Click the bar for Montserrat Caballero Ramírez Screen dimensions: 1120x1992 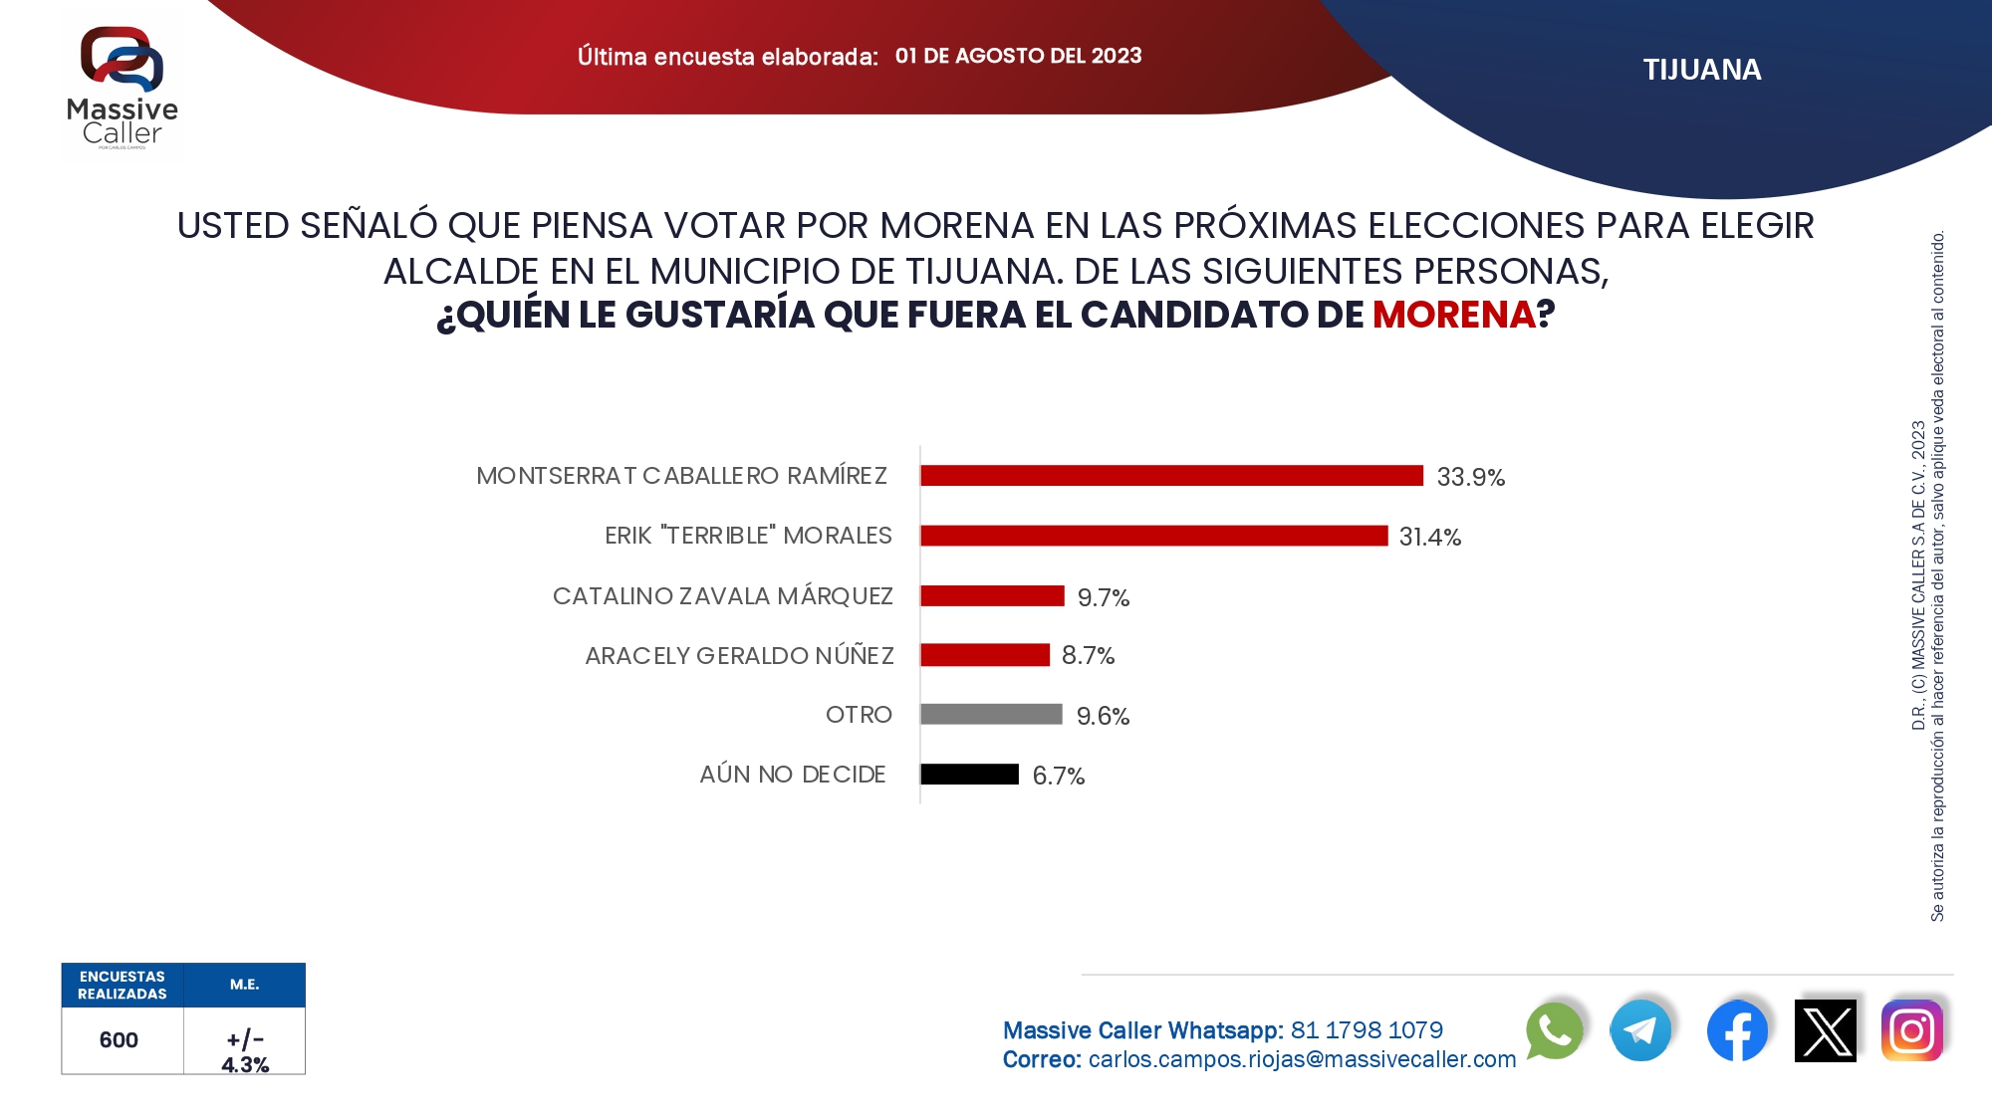click(x=1171, y=476)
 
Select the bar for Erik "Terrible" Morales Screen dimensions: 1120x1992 click(x=1153, y=536)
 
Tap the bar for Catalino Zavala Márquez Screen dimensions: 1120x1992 click(x=992, y=595)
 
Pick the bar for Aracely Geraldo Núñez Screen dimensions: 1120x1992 click(x=985, y=655)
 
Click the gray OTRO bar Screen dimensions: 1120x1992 click(x=991, y=715)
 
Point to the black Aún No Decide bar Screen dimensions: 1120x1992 click(x=969, y=775)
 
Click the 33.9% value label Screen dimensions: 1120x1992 click(x=1470, y=478)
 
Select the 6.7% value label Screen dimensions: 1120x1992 click(x=1058, y=777)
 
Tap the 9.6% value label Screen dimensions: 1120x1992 click(x=1103, y=717)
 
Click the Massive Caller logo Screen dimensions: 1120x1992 click(x=123, y=88)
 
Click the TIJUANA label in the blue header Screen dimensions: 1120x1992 click(x=1702, y=70)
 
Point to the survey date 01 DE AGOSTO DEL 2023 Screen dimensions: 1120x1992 click(x=1018, y=56)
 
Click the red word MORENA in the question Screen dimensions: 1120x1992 click(x=1453, y=315)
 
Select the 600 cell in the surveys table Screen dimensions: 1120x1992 click(x=119, y=1040)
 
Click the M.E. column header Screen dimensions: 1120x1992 click(x=244, y=985)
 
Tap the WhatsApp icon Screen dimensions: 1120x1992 click(x=1554, y=1030)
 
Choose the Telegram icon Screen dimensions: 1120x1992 click(x=1640, y=1030)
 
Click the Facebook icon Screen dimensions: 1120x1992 click(x=1737, y=1030)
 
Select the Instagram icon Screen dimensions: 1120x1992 click(x=1911, y=1030)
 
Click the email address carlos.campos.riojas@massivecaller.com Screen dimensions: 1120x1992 click(x=1302, y=1060)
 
